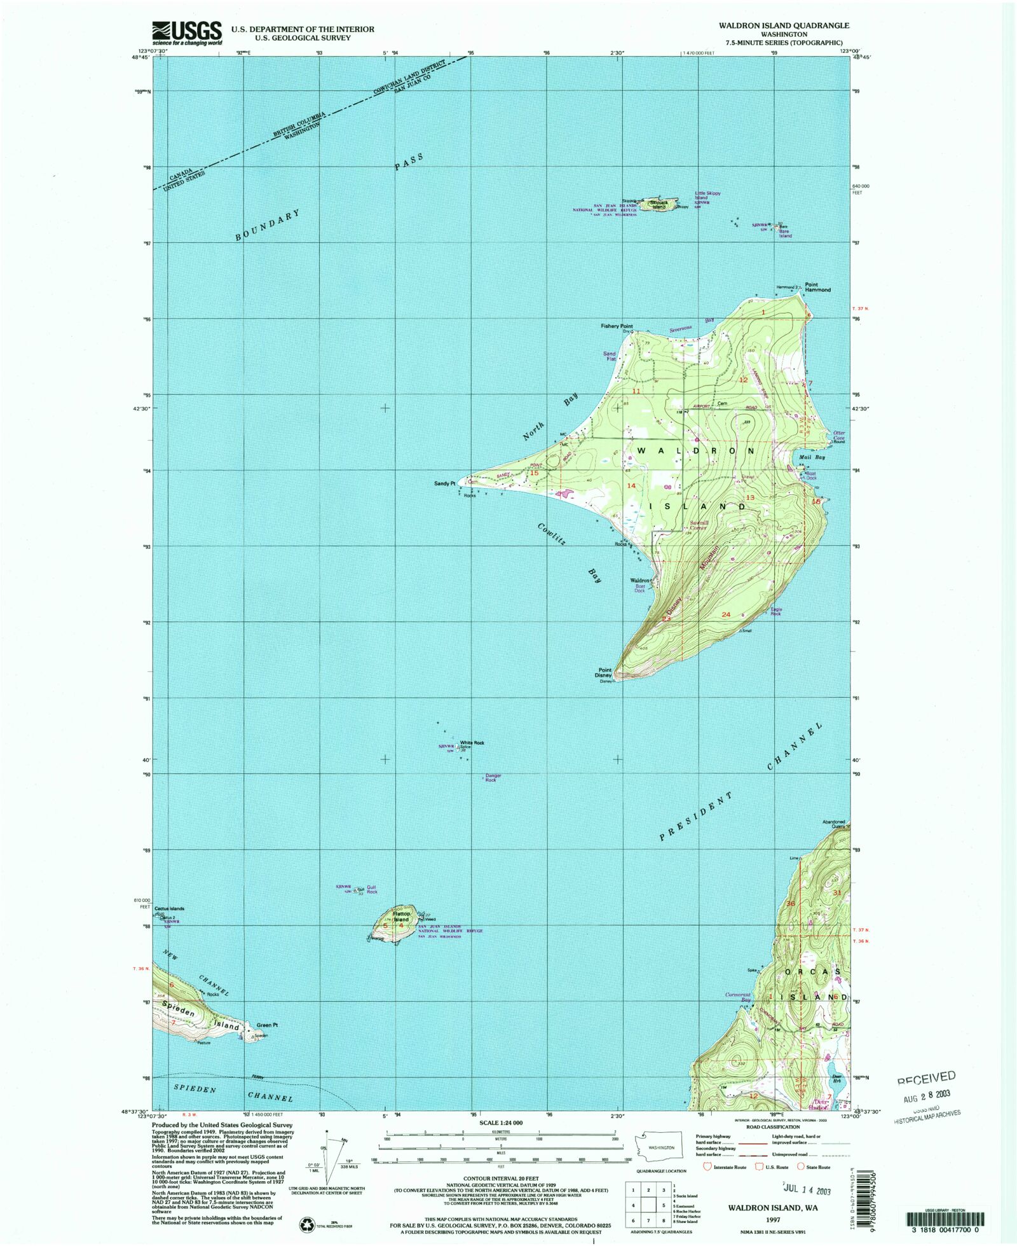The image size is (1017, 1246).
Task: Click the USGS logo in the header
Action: pyautogui.click(x=186, y=32)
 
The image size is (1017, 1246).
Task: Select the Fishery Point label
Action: pyautogui.click(x=617, y=326)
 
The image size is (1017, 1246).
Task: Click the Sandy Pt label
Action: pyautogui.click(x=444, y=483)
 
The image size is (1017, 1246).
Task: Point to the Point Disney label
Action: pyautogui.click(x=604, y=672)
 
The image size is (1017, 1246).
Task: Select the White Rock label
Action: pyautogui.click(x=472, y=742)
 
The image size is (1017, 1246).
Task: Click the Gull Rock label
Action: pyautogui.click(x=371, y=889)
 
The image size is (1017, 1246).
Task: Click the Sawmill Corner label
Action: pyautogui.click(x=699, y=525)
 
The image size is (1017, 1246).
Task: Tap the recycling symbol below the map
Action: pyautogui.click(x=306, y=1224)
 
